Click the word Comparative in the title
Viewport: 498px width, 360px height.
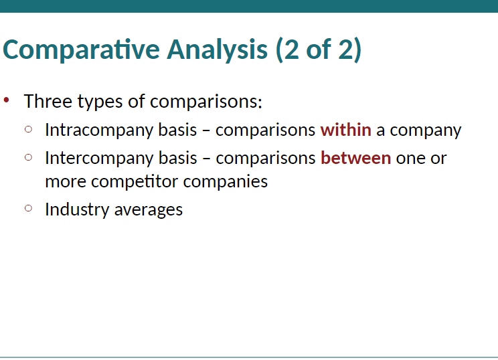coord(81,50)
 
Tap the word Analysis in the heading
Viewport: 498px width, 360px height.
coord(218,50)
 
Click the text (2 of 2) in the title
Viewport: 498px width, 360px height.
coord(319,50)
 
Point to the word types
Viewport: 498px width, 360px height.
coord(100,102)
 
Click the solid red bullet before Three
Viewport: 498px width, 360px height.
coord(6,100)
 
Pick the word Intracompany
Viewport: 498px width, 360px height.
coord(99,130)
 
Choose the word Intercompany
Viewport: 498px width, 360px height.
coord(99,159)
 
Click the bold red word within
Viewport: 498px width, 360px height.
coord(346,130)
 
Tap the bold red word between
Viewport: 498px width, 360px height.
coord(355,158)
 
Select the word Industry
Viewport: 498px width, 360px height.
coord(77,210)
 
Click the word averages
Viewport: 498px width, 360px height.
coord(149,211)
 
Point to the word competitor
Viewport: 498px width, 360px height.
coord(135,182)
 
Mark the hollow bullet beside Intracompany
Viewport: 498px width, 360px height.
coord(28,129)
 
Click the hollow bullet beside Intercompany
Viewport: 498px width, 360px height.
coord(28,157)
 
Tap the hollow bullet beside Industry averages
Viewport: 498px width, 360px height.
coord(28,208)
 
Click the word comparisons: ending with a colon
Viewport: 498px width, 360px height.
coord(205,102)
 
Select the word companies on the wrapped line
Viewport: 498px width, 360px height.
coord(226,182)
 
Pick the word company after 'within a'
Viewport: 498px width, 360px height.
coord(425,131)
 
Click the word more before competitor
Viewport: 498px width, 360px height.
coord(66,182)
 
